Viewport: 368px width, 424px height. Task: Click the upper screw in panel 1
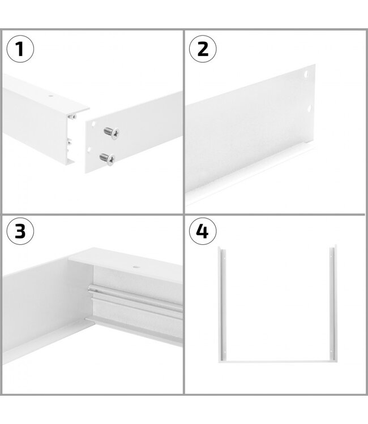tap(112, 133)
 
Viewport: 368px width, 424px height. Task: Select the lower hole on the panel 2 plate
tap(310, 107)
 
